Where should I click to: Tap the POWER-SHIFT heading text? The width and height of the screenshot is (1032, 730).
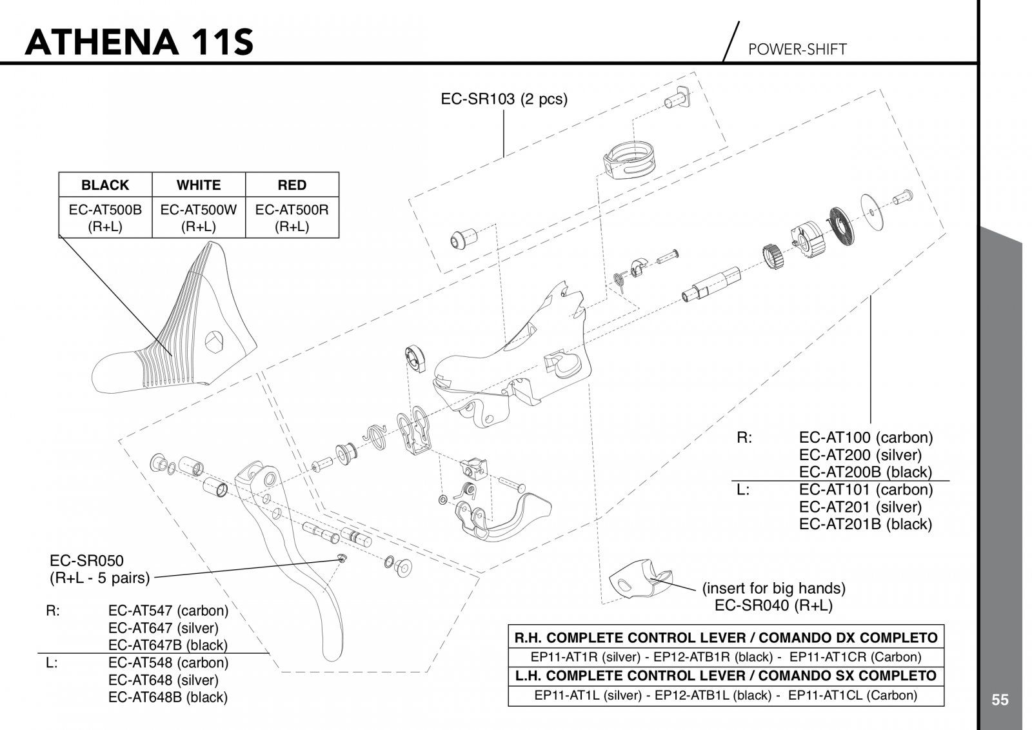[797, 50]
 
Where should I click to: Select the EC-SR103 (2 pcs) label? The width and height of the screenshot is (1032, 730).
[504, 99]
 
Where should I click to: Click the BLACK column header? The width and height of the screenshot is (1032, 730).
[105, 185]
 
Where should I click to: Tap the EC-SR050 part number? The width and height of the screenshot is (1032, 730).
[86, 560]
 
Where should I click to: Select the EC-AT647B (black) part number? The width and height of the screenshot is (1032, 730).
[168, 645]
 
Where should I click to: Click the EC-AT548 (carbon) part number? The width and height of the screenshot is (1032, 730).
[168, 662]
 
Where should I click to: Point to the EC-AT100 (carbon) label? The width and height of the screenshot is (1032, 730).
[866, 438]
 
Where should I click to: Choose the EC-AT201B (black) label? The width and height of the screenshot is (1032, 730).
[866, 524]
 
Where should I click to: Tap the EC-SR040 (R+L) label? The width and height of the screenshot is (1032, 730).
[773, 605]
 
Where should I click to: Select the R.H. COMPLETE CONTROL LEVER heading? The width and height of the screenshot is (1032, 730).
[726, 638]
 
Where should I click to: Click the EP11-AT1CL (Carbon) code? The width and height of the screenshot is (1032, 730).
[853, 695]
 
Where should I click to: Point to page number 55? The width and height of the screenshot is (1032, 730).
[1000, 700]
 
